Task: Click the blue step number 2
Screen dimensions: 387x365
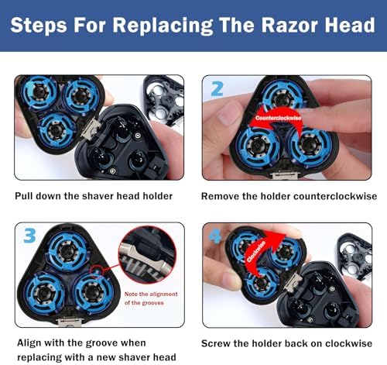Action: (217, 89)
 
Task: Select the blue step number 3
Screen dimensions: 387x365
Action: (29, 236)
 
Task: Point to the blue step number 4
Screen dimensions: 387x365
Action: (214, 236)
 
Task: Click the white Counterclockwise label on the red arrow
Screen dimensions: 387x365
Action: (278, 118)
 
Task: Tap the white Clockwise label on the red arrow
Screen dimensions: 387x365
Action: (256, 251)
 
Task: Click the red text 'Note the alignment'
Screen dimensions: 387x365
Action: (151, 294)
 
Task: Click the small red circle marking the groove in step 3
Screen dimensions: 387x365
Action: (97, 270)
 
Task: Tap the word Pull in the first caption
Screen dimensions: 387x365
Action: (24, 196)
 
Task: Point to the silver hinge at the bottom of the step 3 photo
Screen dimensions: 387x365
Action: (70, 322)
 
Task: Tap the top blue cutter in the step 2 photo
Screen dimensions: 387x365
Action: (283, 96)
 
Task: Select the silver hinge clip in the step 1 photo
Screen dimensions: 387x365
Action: (91, 128)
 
